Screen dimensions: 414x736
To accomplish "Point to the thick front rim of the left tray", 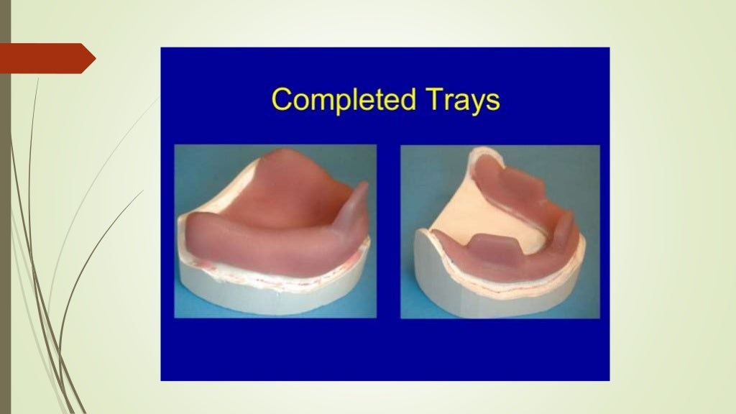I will [266, 248].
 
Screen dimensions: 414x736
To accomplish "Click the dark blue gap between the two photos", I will [388, 230].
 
